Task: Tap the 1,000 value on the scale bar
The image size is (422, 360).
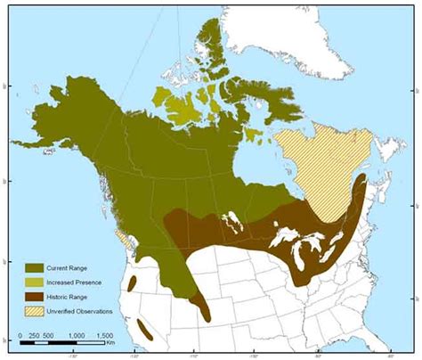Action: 77,335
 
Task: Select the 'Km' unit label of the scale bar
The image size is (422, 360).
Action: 111,342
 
